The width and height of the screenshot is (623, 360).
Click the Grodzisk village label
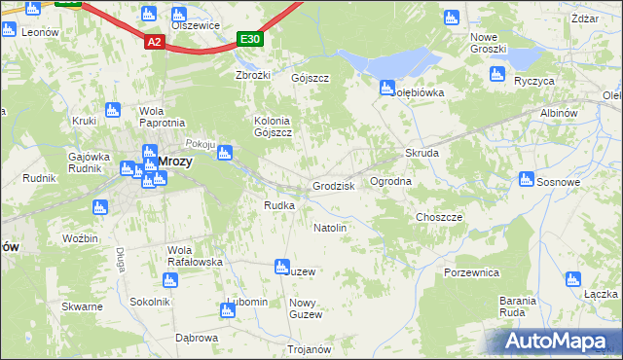click(334, 186)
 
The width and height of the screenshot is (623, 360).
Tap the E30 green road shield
click(250, 39)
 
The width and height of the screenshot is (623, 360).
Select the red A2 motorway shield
click(154, 42)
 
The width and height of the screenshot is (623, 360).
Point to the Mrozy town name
click(174, 162)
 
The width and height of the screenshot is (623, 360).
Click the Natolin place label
click(330, 228)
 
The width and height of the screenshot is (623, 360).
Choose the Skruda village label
click(422, 154)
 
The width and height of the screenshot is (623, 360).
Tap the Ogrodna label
click(391, 181)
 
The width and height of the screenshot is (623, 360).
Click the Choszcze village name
click(439, 217)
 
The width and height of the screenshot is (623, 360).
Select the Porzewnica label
click(471, 272)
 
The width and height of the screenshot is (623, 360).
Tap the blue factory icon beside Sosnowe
click(527, 179)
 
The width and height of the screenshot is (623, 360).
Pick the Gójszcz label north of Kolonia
click(311, 78)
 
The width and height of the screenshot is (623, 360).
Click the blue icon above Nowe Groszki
click(451, 18)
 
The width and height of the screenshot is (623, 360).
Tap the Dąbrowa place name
click(196, 338)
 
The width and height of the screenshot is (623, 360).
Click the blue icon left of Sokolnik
click(171, 280)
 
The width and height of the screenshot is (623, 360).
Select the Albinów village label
click(560, 114)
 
